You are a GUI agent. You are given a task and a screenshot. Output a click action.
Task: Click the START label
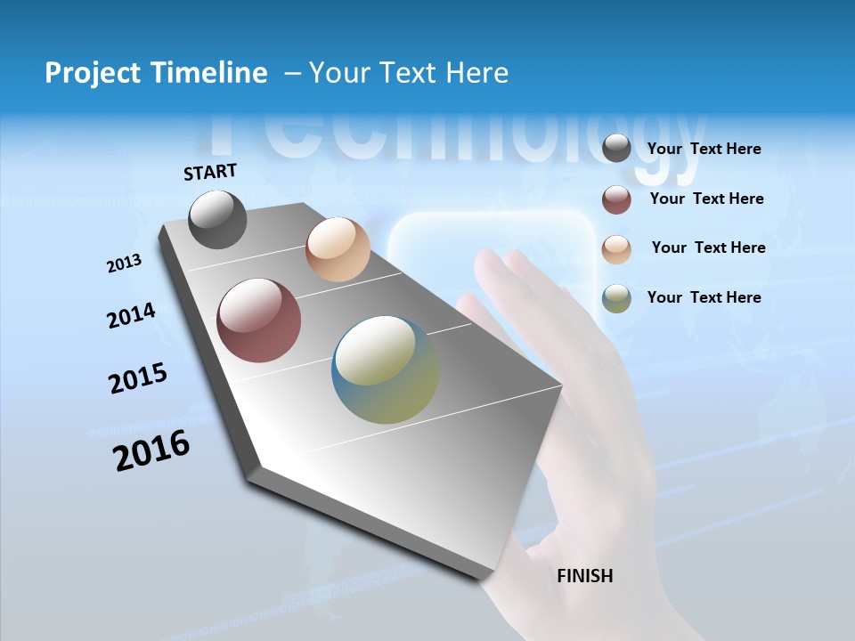(x=210, y=172)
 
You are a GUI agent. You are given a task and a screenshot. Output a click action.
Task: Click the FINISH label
(x=584, y=576)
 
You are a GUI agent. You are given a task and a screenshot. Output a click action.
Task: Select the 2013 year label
(x=124, y=264)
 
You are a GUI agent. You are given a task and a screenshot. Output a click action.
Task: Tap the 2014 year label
(x=131, y=315)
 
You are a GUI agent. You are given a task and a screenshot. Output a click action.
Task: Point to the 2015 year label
(x=138, y=378)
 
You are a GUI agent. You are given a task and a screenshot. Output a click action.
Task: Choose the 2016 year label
(x=151, y=450)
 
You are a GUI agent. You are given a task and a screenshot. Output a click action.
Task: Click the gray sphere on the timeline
(x=217, y=220)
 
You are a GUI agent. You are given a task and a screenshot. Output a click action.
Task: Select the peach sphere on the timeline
(x=338, y=249)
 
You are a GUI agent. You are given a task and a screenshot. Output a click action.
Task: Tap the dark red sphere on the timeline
(x=259, y=320)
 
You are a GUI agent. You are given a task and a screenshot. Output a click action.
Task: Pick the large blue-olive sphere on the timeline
(x=386, y=369)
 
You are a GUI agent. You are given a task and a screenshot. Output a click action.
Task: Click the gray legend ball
(x=616, y=149)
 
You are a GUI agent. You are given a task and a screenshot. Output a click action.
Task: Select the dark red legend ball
(x=616, y=199)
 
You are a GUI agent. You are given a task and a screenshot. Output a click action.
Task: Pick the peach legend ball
(x=616, y=248)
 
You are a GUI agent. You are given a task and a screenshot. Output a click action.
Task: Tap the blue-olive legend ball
(x=616, y=298)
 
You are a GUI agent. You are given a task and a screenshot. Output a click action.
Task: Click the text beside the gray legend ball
(x=704, y=149)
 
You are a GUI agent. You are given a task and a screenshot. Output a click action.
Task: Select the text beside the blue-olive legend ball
(x=704, y=297)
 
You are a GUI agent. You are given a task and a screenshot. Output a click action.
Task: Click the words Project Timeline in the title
(x=156, y=73)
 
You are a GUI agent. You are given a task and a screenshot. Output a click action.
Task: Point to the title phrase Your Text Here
(x=408, y=73)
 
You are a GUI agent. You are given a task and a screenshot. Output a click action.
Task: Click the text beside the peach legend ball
(x=708, y=247)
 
